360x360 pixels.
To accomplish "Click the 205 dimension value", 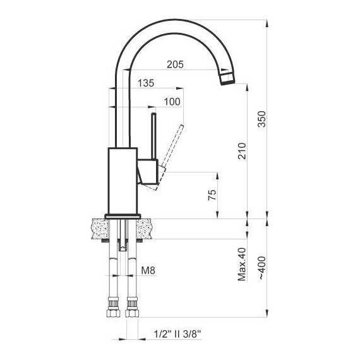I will pyautogui.click(x=176, y=64).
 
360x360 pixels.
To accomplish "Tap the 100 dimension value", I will pyautogui.click(x=172, y=102).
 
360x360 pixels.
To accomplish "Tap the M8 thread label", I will pyautogui.click(x=148, y=271).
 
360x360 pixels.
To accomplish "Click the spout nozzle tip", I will pyautogui.click(x=227, y=78).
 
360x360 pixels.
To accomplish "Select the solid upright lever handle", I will pyautogui.click(x=153, y=136).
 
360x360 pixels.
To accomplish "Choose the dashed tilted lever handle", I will pyautogui.click(x=172, y=147).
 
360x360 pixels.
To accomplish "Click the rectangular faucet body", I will pyautogui.click(x=122, y=180).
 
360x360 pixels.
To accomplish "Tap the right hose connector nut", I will pyautogui.click(x=133, y=310).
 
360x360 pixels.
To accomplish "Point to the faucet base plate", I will pyautogui.click(x=122, y=215).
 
